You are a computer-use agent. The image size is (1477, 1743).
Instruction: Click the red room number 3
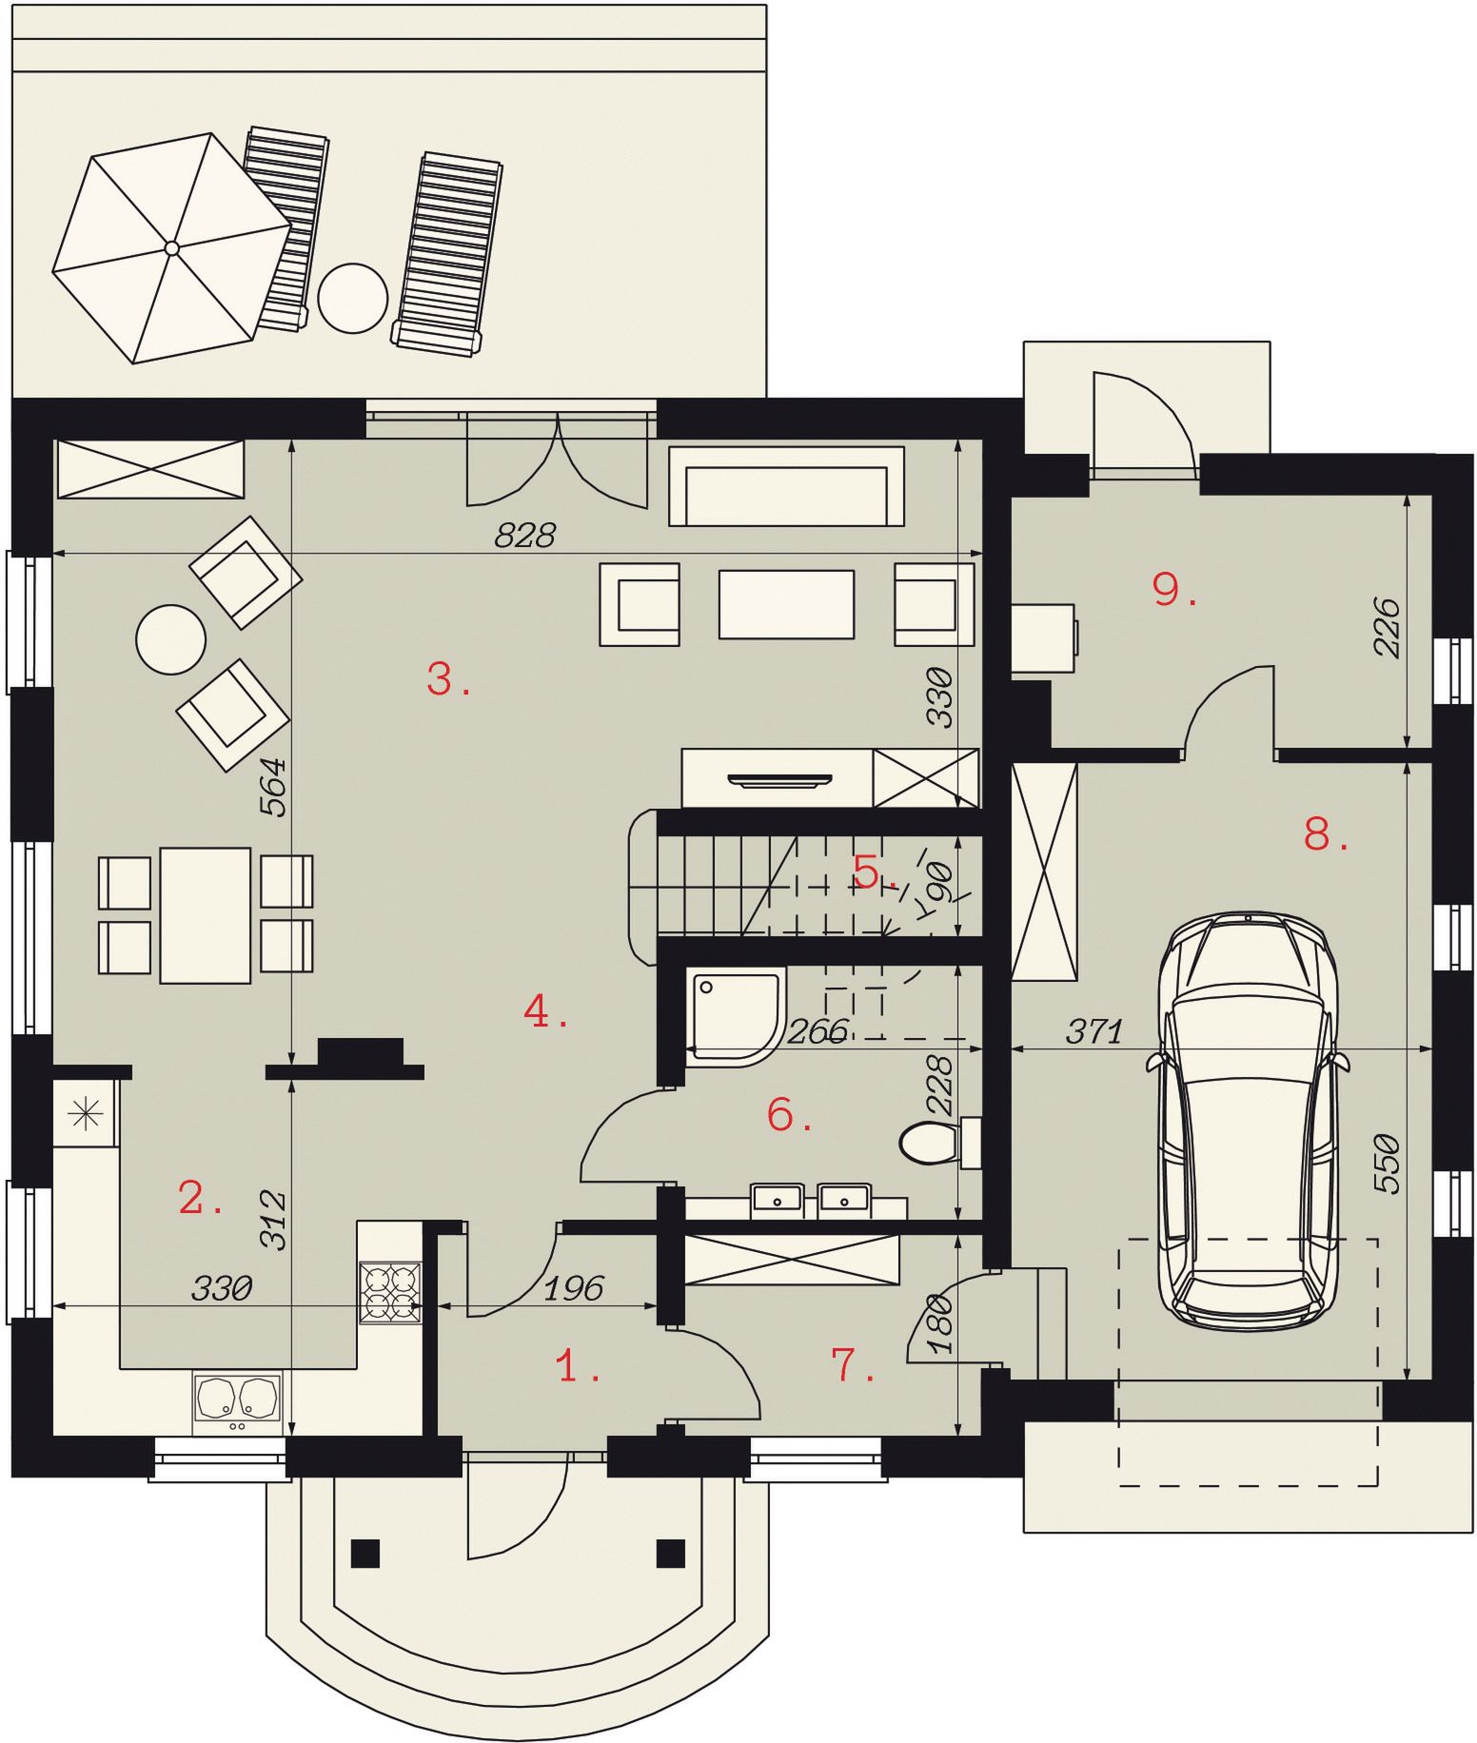[x=447, y=679]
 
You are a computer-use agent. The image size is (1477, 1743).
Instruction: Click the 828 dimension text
[x=524, y=536]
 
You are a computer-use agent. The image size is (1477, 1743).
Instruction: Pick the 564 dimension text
[x=273, y=786]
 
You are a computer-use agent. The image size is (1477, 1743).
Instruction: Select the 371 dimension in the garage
[x=1094, y=1031]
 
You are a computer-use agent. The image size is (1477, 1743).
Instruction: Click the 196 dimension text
[x=574, y=1288]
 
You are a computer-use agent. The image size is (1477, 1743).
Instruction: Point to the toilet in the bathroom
[x=940, y=1143]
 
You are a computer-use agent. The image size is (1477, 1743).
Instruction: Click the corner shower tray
[x=734, y=1014]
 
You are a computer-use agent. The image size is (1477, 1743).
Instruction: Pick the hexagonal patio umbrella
[x=171, y=247]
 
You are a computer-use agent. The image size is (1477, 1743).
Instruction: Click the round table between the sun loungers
[x=352, y=297]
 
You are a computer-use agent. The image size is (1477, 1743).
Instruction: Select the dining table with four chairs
[x=206, y=915]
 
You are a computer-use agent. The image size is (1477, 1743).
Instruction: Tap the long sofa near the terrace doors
[x=786, y=485]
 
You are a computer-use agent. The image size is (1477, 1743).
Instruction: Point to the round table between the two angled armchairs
[x=171, y=640]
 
